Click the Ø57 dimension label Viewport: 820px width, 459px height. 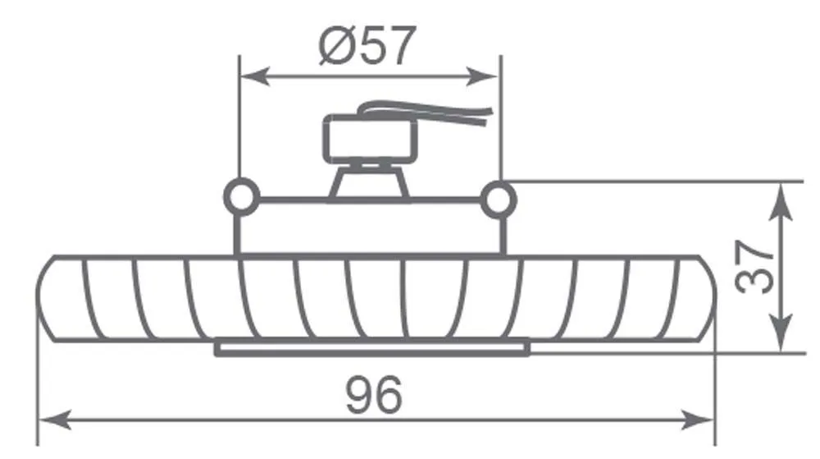[x=367, y=45]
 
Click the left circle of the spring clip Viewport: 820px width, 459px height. [x=241, y=197]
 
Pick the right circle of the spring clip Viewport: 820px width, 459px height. [x=499, y=200]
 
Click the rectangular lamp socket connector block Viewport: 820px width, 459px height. [x=371, y=138]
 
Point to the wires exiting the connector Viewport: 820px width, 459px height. [x=426, y=112]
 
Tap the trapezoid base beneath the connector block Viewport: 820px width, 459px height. [x=370, y=181]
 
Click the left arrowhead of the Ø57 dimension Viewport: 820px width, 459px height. [x=255, y=76]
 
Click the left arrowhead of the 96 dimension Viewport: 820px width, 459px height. [x=55, y=420]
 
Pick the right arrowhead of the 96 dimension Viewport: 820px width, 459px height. [x=698, y=420]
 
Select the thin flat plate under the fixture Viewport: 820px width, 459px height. [x=372, y=349]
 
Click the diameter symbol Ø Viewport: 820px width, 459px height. [x=335, y=46]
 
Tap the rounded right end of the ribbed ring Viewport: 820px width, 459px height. [x=707, y=298]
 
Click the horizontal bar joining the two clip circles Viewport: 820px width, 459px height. [x=370, y=200]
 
